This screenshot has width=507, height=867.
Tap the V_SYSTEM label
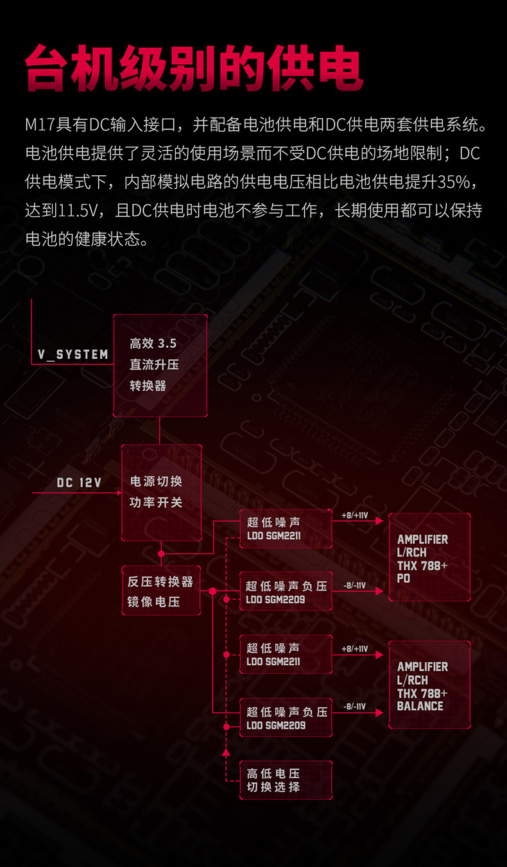pyautogui.click(x=73, y=354)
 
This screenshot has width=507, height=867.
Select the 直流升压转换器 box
pyautogui.click(x=160, y=365)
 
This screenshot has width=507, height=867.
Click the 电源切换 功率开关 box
pyautogui.click(x=161, y=492)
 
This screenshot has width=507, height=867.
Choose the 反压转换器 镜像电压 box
pyautogui.click(x=160, y=591)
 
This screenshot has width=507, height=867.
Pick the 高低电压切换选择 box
pyautogui.click(x=286, y=780)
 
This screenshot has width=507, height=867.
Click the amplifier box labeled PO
pyautogui.click(x=429, y=558)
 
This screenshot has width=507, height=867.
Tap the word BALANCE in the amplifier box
pyautogui.click(x=420, y=706)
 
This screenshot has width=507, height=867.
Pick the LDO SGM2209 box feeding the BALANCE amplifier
pyautogui.click(x=286, y=717)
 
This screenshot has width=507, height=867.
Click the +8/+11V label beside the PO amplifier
pyautogui.click(x=354, y=515)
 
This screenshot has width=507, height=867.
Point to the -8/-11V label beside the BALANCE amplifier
pyautogui.click(x=354, y=707)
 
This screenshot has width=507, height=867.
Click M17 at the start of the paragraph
pyautogui.click(x=39, y=124)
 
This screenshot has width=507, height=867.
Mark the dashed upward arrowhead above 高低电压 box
pyautogui.click(x=226, y=751)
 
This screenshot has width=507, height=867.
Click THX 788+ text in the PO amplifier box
pyautogui.click(x=422, y=565)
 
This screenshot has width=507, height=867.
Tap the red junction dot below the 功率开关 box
pyautogui.click(x=161, y=553)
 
